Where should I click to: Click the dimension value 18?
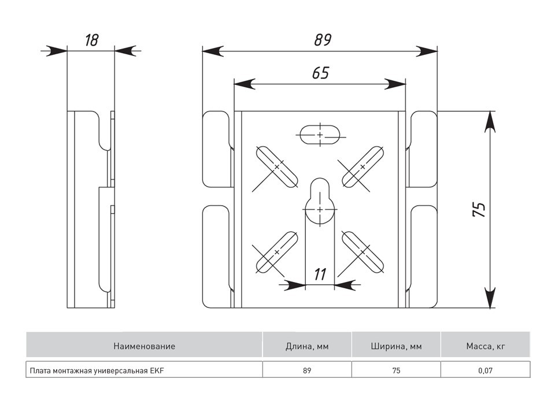tap(91, 40)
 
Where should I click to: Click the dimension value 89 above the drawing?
tap(322, 40)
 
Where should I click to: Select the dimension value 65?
tap(320, 73)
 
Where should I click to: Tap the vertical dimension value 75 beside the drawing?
tap(479, 209)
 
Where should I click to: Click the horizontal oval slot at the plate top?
tap(320, 135)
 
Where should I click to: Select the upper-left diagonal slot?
tap(276, 166)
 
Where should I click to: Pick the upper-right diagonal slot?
tap(363, 166)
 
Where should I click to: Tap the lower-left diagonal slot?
tap(276, 252)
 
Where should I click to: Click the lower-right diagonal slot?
tap(363, 252)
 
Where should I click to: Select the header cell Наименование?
tap(144, 347)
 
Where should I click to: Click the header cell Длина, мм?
tap(307, 347)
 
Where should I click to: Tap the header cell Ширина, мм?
tap(396, 347)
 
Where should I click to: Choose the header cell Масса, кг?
tap(486, 347)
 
